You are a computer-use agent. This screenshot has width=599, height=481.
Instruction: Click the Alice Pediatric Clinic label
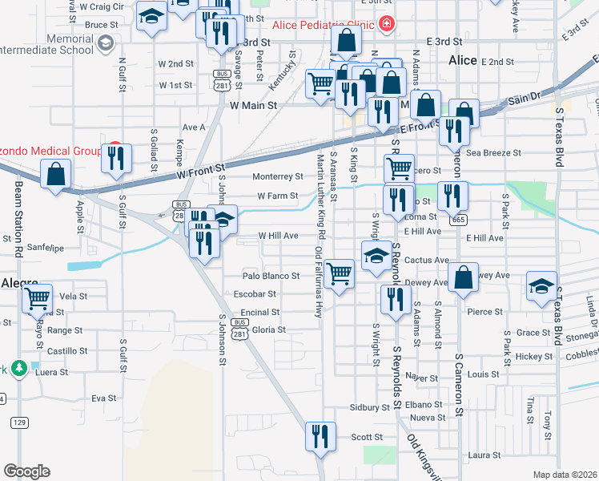tap(324, 25)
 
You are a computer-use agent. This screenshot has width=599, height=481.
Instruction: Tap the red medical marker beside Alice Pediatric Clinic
tap(388, 25)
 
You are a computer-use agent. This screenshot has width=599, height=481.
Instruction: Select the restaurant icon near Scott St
tap(320, 436)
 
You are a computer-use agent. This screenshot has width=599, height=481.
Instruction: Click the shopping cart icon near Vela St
tap(37, 299)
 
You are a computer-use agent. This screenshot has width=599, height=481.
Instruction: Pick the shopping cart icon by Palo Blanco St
tap(340, 273)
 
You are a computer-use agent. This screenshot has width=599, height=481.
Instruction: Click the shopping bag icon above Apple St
tap(56, 173)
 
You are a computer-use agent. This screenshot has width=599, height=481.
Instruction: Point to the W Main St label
tap(253, 105)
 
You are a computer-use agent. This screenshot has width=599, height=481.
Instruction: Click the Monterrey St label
tap(277, 176)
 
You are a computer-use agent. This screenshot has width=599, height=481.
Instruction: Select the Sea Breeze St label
tap(493, 152)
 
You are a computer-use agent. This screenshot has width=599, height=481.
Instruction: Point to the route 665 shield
tap(458, 219)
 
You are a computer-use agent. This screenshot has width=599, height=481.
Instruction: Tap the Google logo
tap(26, 471)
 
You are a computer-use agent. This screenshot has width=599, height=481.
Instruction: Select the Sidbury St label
tap(368, 407)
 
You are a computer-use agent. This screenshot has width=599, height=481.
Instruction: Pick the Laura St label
tap(485, 455)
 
